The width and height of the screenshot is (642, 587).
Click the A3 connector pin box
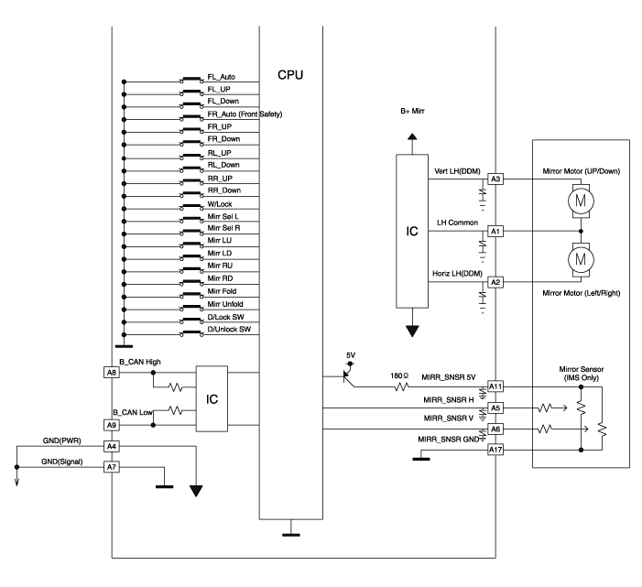[495, 179]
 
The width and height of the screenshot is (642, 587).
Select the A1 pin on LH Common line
[495, 231]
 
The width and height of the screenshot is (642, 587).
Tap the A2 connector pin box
[495, 282]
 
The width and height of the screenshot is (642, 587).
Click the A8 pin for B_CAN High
[111, 373]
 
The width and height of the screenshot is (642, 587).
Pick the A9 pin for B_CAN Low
[111, 425]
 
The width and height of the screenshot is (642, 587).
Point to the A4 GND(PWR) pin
[111, 447]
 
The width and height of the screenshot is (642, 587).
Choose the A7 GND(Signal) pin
[111, 467]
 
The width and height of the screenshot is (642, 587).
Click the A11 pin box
[495, 387]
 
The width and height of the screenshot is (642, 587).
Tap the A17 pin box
[495, 450]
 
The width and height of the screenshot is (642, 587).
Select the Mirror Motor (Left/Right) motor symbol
[581, 260]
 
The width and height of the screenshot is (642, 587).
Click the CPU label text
[290, 73]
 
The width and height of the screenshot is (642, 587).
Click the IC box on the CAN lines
[212, 399]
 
